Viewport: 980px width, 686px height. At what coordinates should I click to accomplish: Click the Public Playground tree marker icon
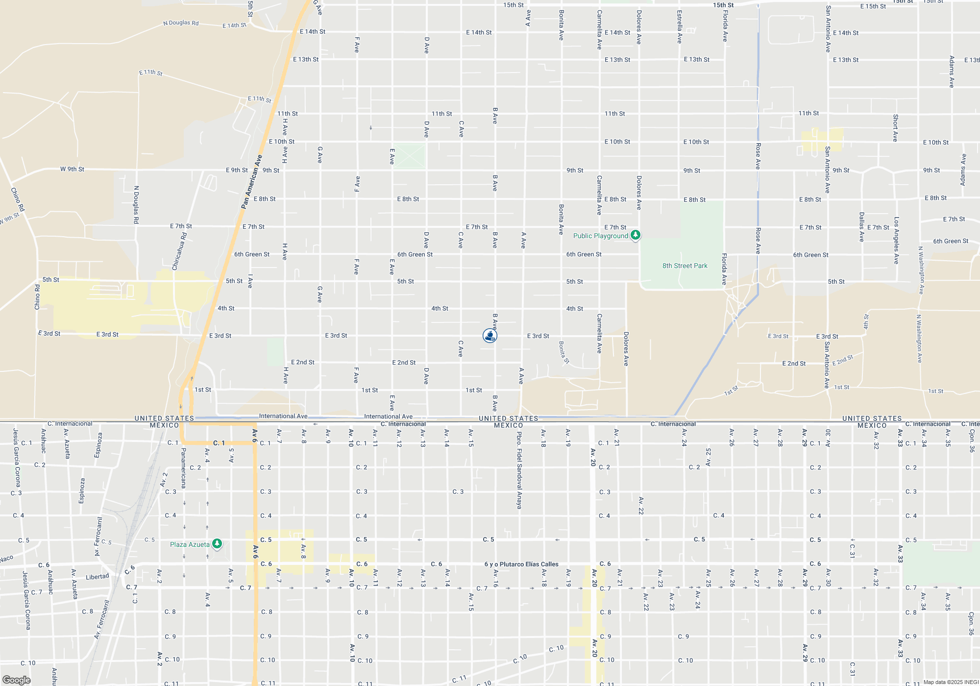(635, 235)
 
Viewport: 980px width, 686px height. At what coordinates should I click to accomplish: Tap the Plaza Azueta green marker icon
(217, 543)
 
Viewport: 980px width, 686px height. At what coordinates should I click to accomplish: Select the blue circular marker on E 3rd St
(490, 335)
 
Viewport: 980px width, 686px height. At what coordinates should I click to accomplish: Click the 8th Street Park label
(685, 266)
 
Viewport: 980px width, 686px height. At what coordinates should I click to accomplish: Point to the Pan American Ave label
(252, 182)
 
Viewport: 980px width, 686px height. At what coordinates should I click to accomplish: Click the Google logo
(16, 680)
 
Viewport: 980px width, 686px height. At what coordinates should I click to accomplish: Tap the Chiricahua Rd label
(179, 251)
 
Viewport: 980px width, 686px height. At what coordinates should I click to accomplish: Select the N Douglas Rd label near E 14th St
(181, 23)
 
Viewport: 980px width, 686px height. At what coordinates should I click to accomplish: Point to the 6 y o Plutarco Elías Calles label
(521, 564)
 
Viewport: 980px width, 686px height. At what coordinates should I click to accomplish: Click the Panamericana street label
(184, 468)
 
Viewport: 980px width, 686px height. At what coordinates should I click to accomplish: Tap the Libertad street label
(98, 577)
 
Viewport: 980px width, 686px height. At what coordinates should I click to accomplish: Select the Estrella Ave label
(679, 27)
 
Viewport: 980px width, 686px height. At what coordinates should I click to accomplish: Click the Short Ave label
(895, 128)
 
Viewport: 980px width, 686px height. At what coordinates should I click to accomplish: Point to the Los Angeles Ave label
(896, 241)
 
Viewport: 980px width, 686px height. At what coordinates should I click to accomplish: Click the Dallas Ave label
(861, 227)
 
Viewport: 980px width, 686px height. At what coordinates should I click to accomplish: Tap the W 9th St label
(72, 169)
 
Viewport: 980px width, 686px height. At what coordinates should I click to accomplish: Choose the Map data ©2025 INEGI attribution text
(951, 682)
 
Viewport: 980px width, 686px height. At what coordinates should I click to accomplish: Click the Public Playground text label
(600, 236)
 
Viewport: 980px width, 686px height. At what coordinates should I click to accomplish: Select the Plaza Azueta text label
(190, 544)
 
